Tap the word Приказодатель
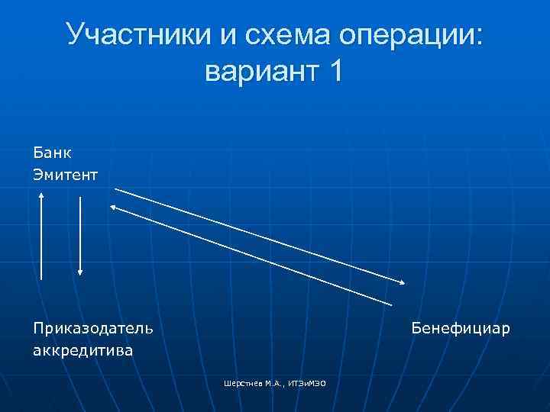tap(92, 329)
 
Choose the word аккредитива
tap(82, 351)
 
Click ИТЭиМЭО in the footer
tap(308, 382)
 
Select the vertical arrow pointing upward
tap(41, 237)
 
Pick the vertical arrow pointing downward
tap(80, 237)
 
